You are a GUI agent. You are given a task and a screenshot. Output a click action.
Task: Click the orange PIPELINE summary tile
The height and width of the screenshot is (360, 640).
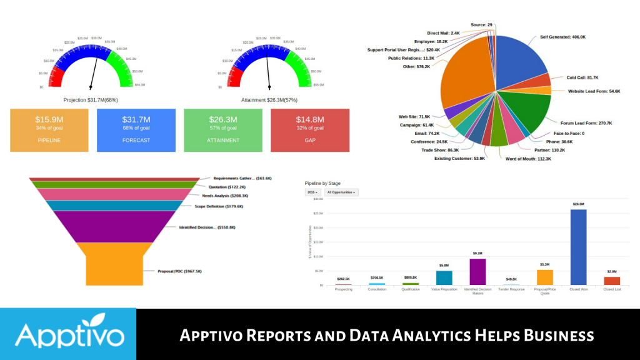(x=49, y=130)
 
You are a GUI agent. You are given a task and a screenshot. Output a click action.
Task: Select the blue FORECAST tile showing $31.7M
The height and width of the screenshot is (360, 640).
(x=136, y=130)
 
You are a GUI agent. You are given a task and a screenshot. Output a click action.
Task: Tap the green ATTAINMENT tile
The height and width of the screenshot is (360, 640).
(x=223, y=130)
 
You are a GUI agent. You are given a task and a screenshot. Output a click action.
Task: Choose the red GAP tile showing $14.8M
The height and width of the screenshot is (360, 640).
(x=310, y=130)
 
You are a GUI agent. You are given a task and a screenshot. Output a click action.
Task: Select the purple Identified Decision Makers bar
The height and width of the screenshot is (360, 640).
(x=477, y=272)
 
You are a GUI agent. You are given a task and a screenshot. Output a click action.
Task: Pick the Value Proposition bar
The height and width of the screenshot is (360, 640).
(x=444, y=277)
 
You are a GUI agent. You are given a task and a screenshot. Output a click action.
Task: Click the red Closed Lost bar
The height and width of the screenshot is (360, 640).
(x=612, y=281)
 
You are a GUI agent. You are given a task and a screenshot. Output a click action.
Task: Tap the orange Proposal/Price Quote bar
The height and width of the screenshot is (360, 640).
(x=545, y=277)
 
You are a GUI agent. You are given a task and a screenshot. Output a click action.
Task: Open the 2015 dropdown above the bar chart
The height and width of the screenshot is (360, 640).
(x=312, y=192)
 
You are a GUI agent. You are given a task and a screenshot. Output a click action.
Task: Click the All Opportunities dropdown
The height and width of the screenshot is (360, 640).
(x=342, y=192)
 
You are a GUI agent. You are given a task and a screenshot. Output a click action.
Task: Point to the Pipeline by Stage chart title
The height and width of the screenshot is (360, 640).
(x=324, y=183)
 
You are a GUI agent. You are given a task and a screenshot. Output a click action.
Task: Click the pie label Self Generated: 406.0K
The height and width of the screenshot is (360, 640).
(x=562, y=37)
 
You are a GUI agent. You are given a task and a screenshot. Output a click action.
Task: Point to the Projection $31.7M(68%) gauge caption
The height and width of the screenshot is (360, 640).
(x=91, y=99)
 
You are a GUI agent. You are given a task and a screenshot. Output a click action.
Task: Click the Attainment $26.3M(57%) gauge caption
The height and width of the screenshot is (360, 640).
(x=269, y=99)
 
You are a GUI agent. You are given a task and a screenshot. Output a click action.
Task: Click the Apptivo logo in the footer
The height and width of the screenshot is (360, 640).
(x=69, y=334)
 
